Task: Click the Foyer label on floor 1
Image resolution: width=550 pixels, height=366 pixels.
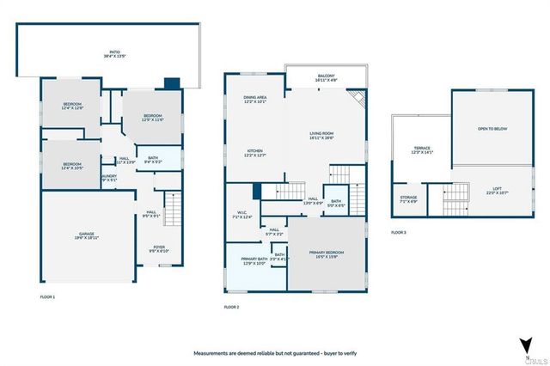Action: (x=159, y=249)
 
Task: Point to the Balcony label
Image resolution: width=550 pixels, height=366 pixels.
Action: (x=326, y=77)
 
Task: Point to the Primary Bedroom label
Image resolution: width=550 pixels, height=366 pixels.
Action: (x=327, y=253)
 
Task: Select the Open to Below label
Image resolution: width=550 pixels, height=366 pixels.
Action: (x=492, y=129)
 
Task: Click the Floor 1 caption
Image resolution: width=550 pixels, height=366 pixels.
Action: (x=47, y=296)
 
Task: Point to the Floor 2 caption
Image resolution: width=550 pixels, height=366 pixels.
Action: (x=231, y=307)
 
